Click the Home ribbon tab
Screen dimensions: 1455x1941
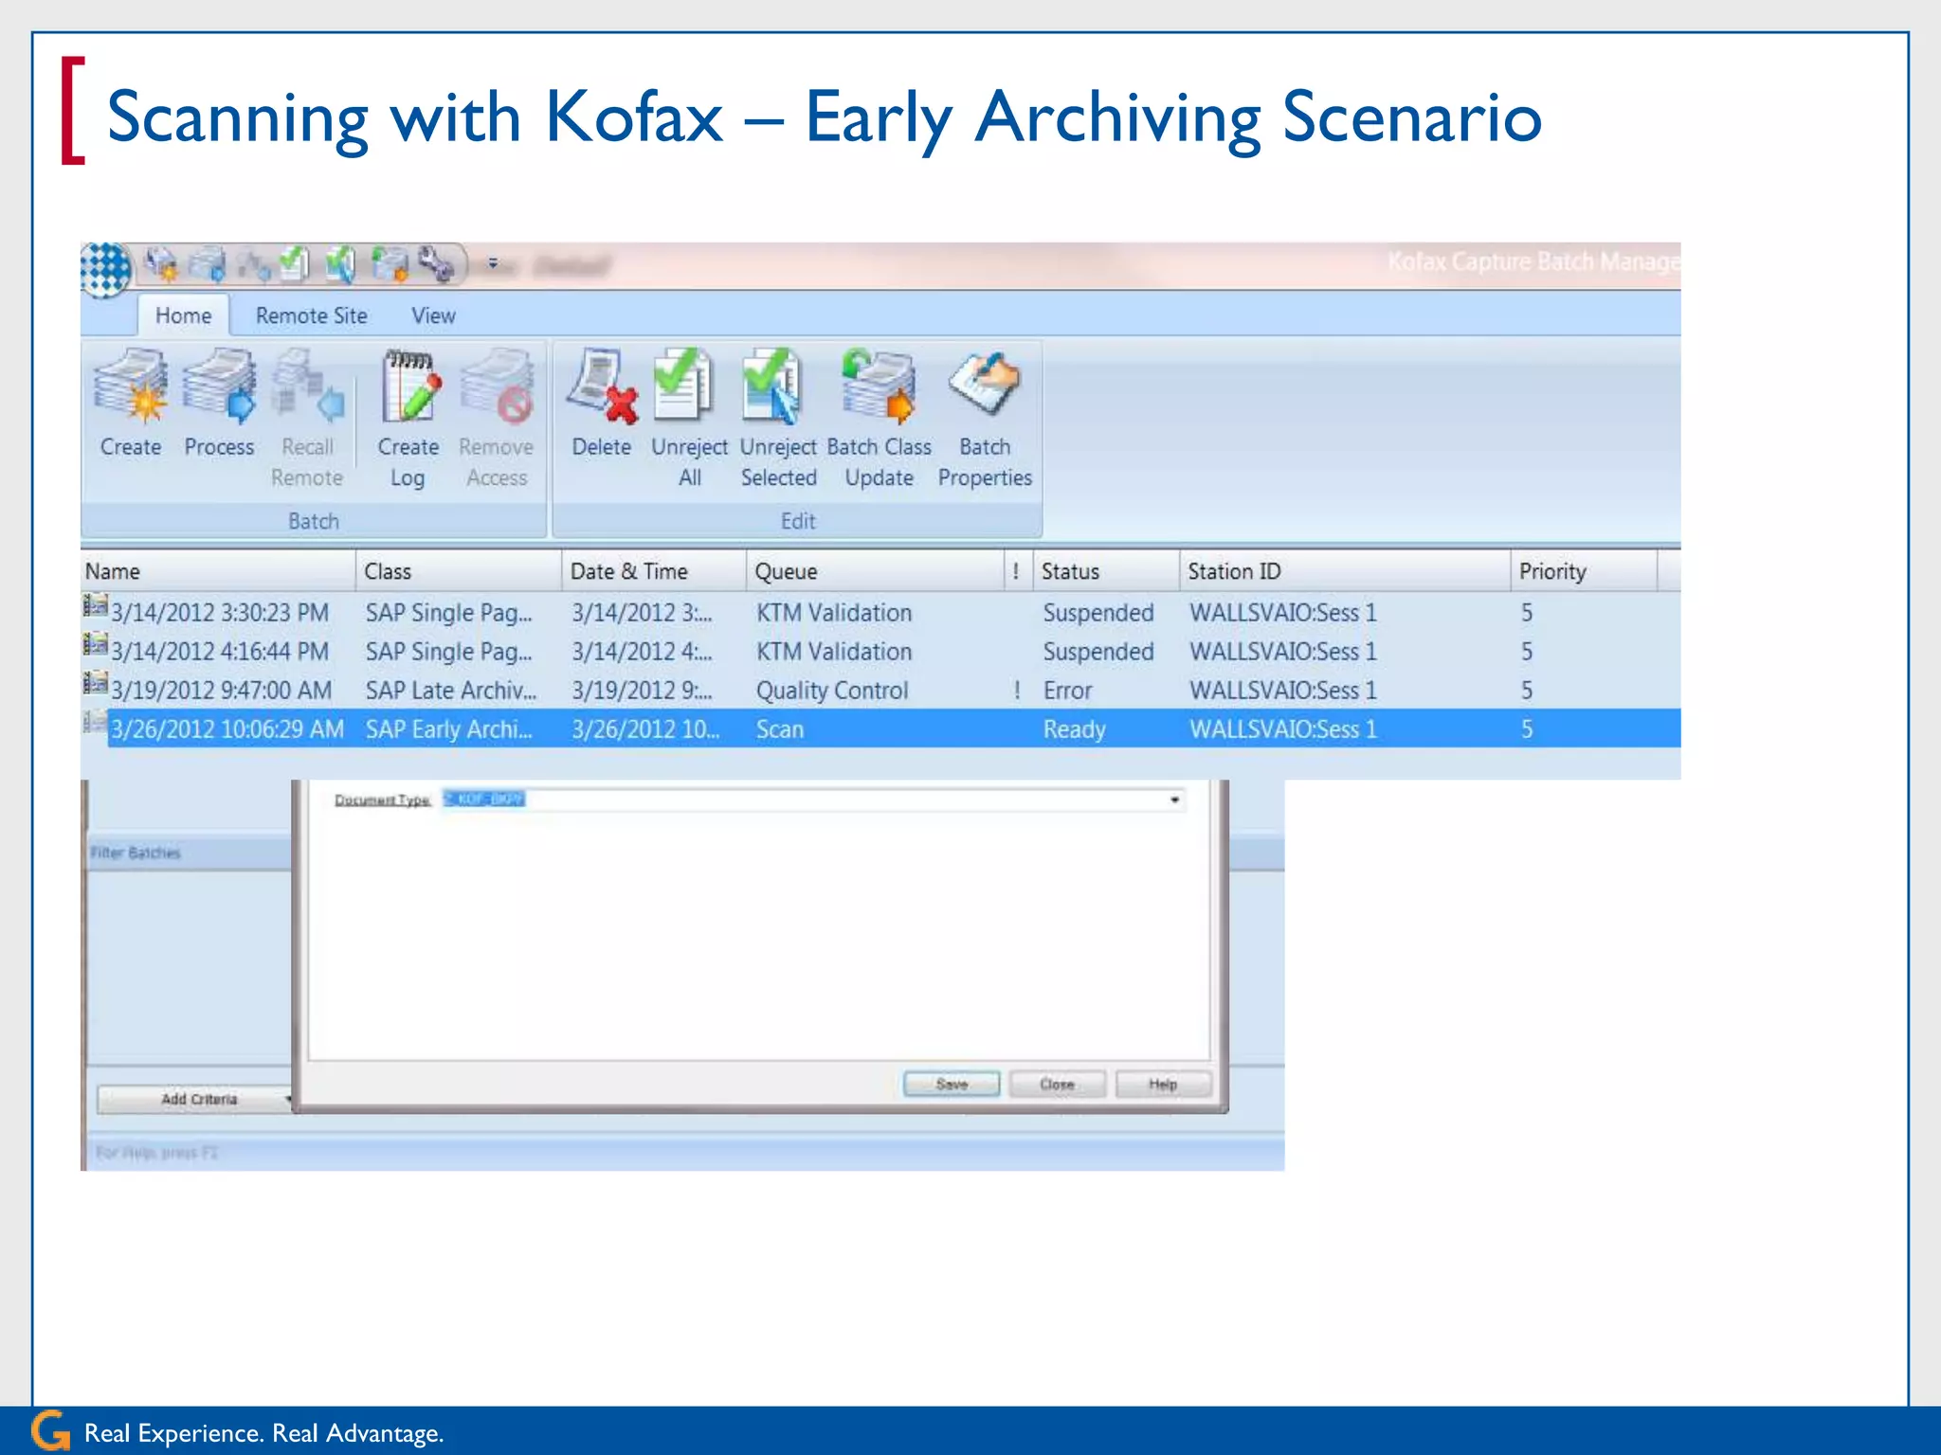click(x=183, y=315)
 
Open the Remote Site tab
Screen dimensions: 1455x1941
click(x=311, y=315)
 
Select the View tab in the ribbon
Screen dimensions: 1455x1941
click(x=433, y=315)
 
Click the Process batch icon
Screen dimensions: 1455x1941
click(x=219, y=386)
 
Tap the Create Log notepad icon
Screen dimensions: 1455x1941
click(x=409, y=386)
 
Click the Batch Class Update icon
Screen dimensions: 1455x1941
click(x=879, y=386)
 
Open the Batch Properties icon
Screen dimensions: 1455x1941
click(x=984, y=385)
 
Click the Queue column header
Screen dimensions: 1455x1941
click(x=786, y=571)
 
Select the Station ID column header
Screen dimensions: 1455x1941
click(x=1234, y=571)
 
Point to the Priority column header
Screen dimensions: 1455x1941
click(x=1552, y=571)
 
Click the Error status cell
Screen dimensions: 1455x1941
click(x=1068, y=691)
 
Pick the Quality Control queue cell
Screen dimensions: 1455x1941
click(x=831, y=691)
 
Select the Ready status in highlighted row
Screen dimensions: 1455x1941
click(x=1074, y=729)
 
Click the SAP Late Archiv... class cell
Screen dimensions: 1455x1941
click(x=451, y=691)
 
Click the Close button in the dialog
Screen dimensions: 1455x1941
click(x=1057, y=1084)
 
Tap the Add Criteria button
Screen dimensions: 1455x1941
click(x=198, y=1099)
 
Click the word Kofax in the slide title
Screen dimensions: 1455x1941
click(x=634, y=117)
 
